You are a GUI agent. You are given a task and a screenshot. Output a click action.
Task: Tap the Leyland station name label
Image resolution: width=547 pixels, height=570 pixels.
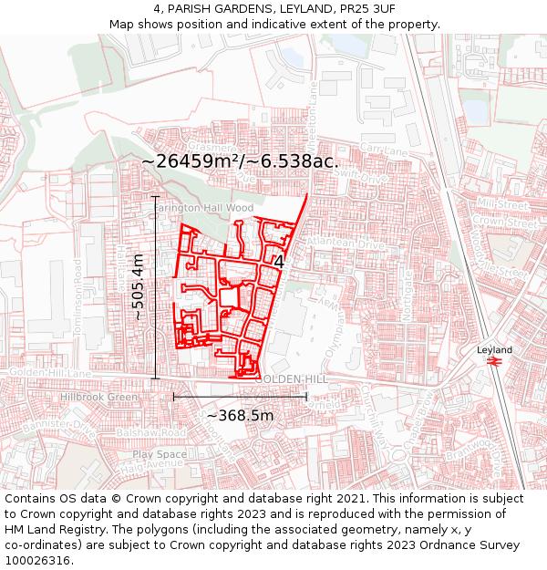click(x=495, y=349)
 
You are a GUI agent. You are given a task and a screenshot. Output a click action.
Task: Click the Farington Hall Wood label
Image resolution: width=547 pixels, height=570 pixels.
click(x=202, y=208)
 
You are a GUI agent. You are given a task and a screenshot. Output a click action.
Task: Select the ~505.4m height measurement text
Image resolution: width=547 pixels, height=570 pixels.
click(x=138, y=286)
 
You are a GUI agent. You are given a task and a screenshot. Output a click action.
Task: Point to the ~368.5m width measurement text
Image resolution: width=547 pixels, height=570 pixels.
click(x=240, y=415)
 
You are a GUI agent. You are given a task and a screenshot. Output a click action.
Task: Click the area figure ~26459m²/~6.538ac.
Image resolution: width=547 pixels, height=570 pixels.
click(x=240, y=161)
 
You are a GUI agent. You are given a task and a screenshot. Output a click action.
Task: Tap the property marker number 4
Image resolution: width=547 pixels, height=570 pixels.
click(x=278, y=262)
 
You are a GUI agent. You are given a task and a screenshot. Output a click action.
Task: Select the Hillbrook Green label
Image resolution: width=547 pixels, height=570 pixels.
click(x=98, y=398)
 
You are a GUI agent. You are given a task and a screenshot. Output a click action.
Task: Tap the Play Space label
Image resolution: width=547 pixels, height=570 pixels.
click(x=159, y=453)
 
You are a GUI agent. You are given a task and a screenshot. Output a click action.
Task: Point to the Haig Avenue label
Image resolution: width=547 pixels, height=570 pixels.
click(x=157, y=463)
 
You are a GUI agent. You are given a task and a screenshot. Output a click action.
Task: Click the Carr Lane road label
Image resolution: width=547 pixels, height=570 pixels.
click(x=381, y=148)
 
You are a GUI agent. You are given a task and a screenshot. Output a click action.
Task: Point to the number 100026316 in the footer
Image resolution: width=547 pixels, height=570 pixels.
click(x=37, y=560)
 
